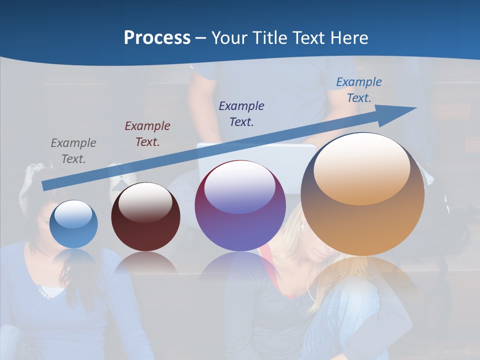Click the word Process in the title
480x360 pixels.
157,38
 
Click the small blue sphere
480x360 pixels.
73,224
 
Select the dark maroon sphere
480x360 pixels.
145,217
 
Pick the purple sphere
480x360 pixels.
240,206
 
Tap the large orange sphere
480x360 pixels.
362,195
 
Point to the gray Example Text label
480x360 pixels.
73,151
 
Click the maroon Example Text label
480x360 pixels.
147,134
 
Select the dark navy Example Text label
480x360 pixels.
241,113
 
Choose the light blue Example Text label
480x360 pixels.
359,90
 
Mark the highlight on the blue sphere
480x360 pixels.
73,214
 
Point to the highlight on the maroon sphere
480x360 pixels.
145,202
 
